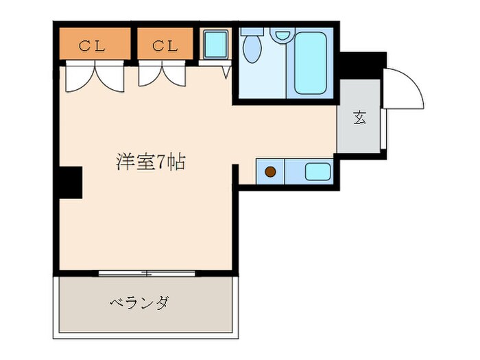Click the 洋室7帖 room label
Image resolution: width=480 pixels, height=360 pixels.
tap(150, 163)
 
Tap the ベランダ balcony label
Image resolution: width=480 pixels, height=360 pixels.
tap(139, 302)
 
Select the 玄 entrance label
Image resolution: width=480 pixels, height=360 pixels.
tap(359, 117)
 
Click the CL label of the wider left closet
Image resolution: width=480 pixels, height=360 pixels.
tap(93, 46)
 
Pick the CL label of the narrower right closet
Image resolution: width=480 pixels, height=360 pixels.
tap(165, 46)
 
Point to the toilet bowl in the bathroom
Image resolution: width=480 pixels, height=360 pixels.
tap(252, 47)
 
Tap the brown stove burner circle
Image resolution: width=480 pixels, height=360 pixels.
tap(271, 171)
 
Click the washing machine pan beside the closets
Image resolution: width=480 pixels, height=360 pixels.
tap(216, 45)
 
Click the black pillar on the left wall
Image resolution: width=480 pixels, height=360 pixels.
tap(69, 182)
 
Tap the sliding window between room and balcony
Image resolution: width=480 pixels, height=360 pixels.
tap(147, 274)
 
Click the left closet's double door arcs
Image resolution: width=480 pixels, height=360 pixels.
tap(95, 77)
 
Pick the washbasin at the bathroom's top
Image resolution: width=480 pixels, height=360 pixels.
tap(281, 34)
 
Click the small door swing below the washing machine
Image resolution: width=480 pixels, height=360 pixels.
tap(226, 71)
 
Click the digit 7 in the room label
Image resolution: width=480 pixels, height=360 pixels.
tap(161, 163)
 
